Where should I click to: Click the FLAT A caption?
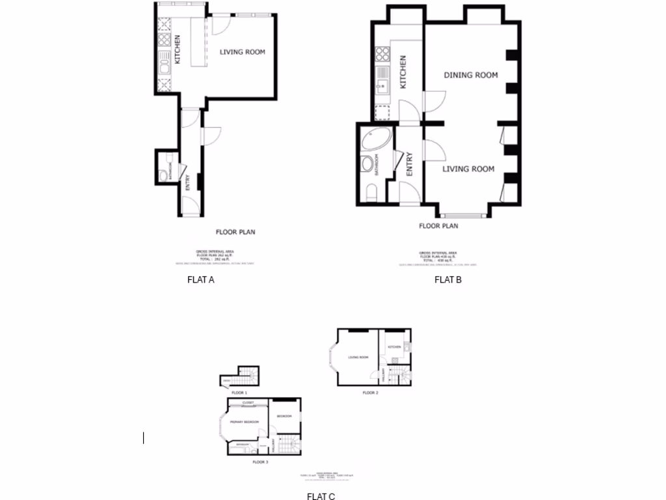tap(200, 280)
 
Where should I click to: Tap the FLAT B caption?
tap(447, 280)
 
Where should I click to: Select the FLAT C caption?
tap(321, 497)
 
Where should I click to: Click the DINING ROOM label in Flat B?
tap(471, 75)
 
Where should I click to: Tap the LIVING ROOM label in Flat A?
tap(242, 52)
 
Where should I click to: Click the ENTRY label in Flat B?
tap(409, 164)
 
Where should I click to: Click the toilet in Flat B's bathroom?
tap(371, 191)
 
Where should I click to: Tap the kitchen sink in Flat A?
tap(163, 65)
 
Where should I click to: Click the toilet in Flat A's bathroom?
tap(162, 174)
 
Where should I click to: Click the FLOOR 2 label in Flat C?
tap(370, 393)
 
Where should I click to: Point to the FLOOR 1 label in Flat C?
tap(239, 393)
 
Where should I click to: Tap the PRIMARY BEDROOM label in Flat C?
tap(244, 422)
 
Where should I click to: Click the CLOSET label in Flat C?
tap(247, 402)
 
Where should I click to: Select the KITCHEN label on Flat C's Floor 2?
tap(394, 347)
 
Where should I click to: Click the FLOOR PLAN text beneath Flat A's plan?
tap(235, 231)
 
